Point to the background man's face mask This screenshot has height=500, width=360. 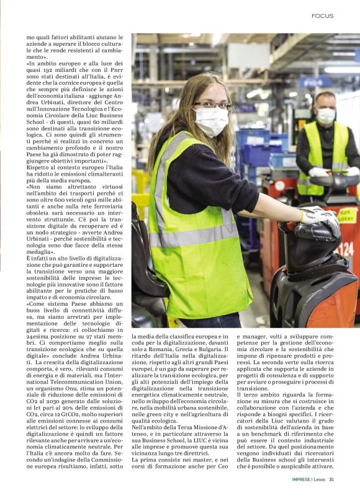click(326, 115)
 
